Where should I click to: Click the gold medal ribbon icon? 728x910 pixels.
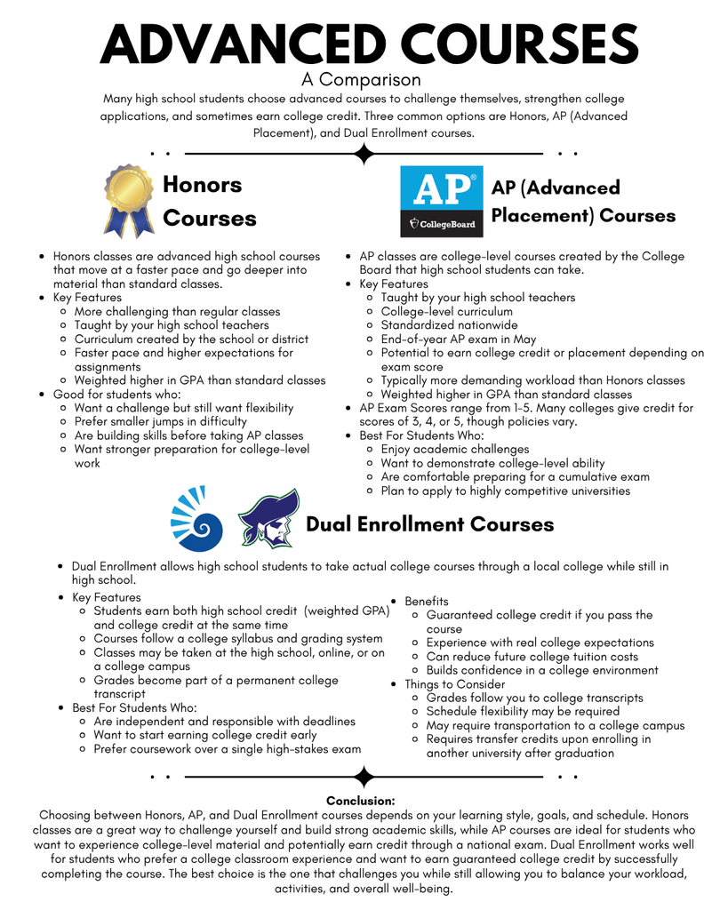pos(129,199)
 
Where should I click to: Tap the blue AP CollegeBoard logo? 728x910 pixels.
pos(442,201)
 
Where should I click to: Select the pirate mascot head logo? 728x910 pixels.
pos(268,519)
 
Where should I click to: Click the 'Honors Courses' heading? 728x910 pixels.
pos(209,202)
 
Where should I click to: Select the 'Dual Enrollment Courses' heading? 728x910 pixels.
pos(429,524)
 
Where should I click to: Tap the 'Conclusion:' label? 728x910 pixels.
pos(360,801)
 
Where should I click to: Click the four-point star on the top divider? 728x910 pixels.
pos(363,154)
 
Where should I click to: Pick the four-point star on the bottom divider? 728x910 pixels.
pos(363,777)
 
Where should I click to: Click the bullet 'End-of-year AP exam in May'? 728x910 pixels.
pos(459,339)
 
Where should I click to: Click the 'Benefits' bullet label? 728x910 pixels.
pos(427,602)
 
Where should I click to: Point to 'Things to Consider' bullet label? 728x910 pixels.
pos(455,684)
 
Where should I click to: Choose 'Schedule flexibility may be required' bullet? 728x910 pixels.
pos(523,711)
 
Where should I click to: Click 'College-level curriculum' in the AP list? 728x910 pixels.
pos(446,311)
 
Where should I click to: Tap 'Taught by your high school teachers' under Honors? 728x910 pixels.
pos(172,325)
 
